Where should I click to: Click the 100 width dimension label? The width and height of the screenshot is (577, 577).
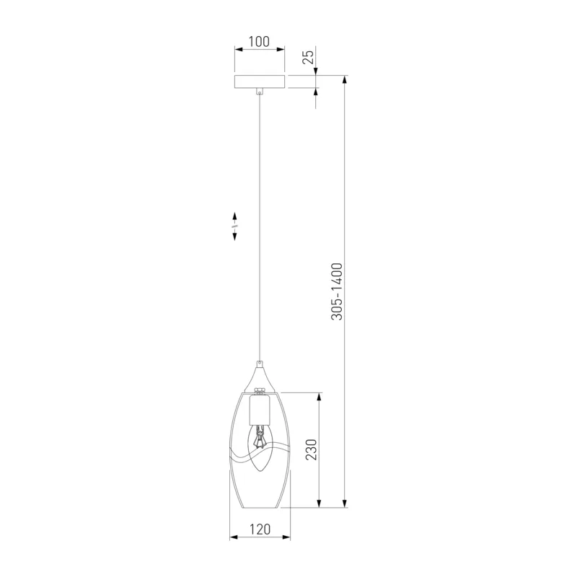click(259, 42)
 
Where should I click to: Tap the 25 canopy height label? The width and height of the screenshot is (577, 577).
click(309, 57)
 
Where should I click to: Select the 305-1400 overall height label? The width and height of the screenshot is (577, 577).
click(337, 291)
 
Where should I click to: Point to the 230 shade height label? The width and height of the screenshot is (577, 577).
click(311, 449)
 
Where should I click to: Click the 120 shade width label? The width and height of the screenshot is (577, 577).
click(260, 529)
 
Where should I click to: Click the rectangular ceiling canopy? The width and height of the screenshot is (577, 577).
click(260, 82)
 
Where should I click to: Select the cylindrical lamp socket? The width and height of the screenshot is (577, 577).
click(260, 409)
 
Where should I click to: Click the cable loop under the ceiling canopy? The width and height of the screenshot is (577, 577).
click(260, 91)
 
